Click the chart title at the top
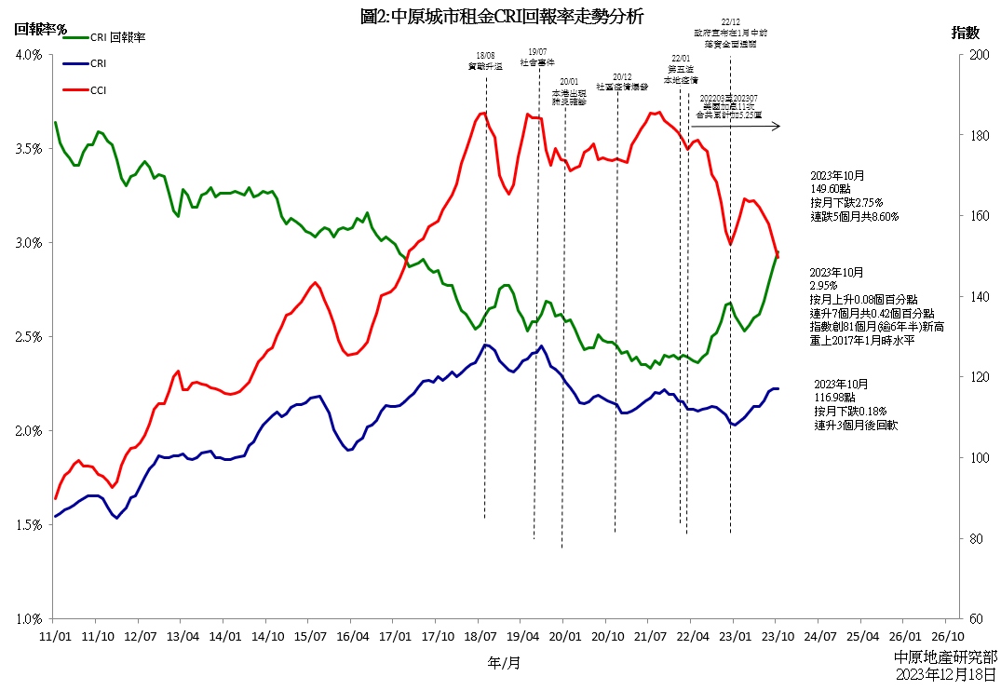point(501,16)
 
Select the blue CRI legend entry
point(99,64)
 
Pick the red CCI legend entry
point(99,90)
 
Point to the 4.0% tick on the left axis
point(29,55)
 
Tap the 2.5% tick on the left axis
point(29,337)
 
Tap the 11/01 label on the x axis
point(54,637)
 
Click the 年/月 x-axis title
point(504,663)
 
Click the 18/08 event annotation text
point(484,61)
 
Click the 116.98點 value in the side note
point(841,398)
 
